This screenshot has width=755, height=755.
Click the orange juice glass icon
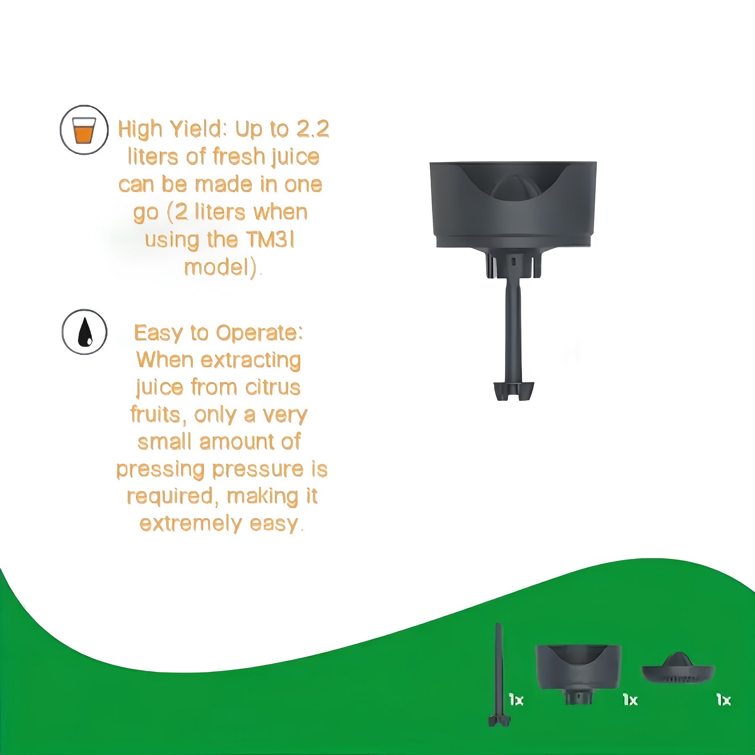coord(84,130)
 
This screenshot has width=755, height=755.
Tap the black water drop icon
coord(85,332)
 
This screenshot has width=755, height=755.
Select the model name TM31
coord(270,240)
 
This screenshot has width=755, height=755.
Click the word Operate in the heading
coord(259,333)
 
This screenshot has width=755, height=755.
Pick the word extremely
coord(191,524)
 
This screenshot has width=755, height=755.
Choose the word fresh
coord(239,156)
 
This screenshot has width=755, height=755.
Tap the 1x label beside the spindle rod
coord(516,700)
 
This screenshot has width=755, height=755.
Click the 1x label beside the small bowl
coord(630,700)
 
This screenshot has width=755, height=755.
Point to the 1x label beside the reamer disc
coord(724,700)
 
